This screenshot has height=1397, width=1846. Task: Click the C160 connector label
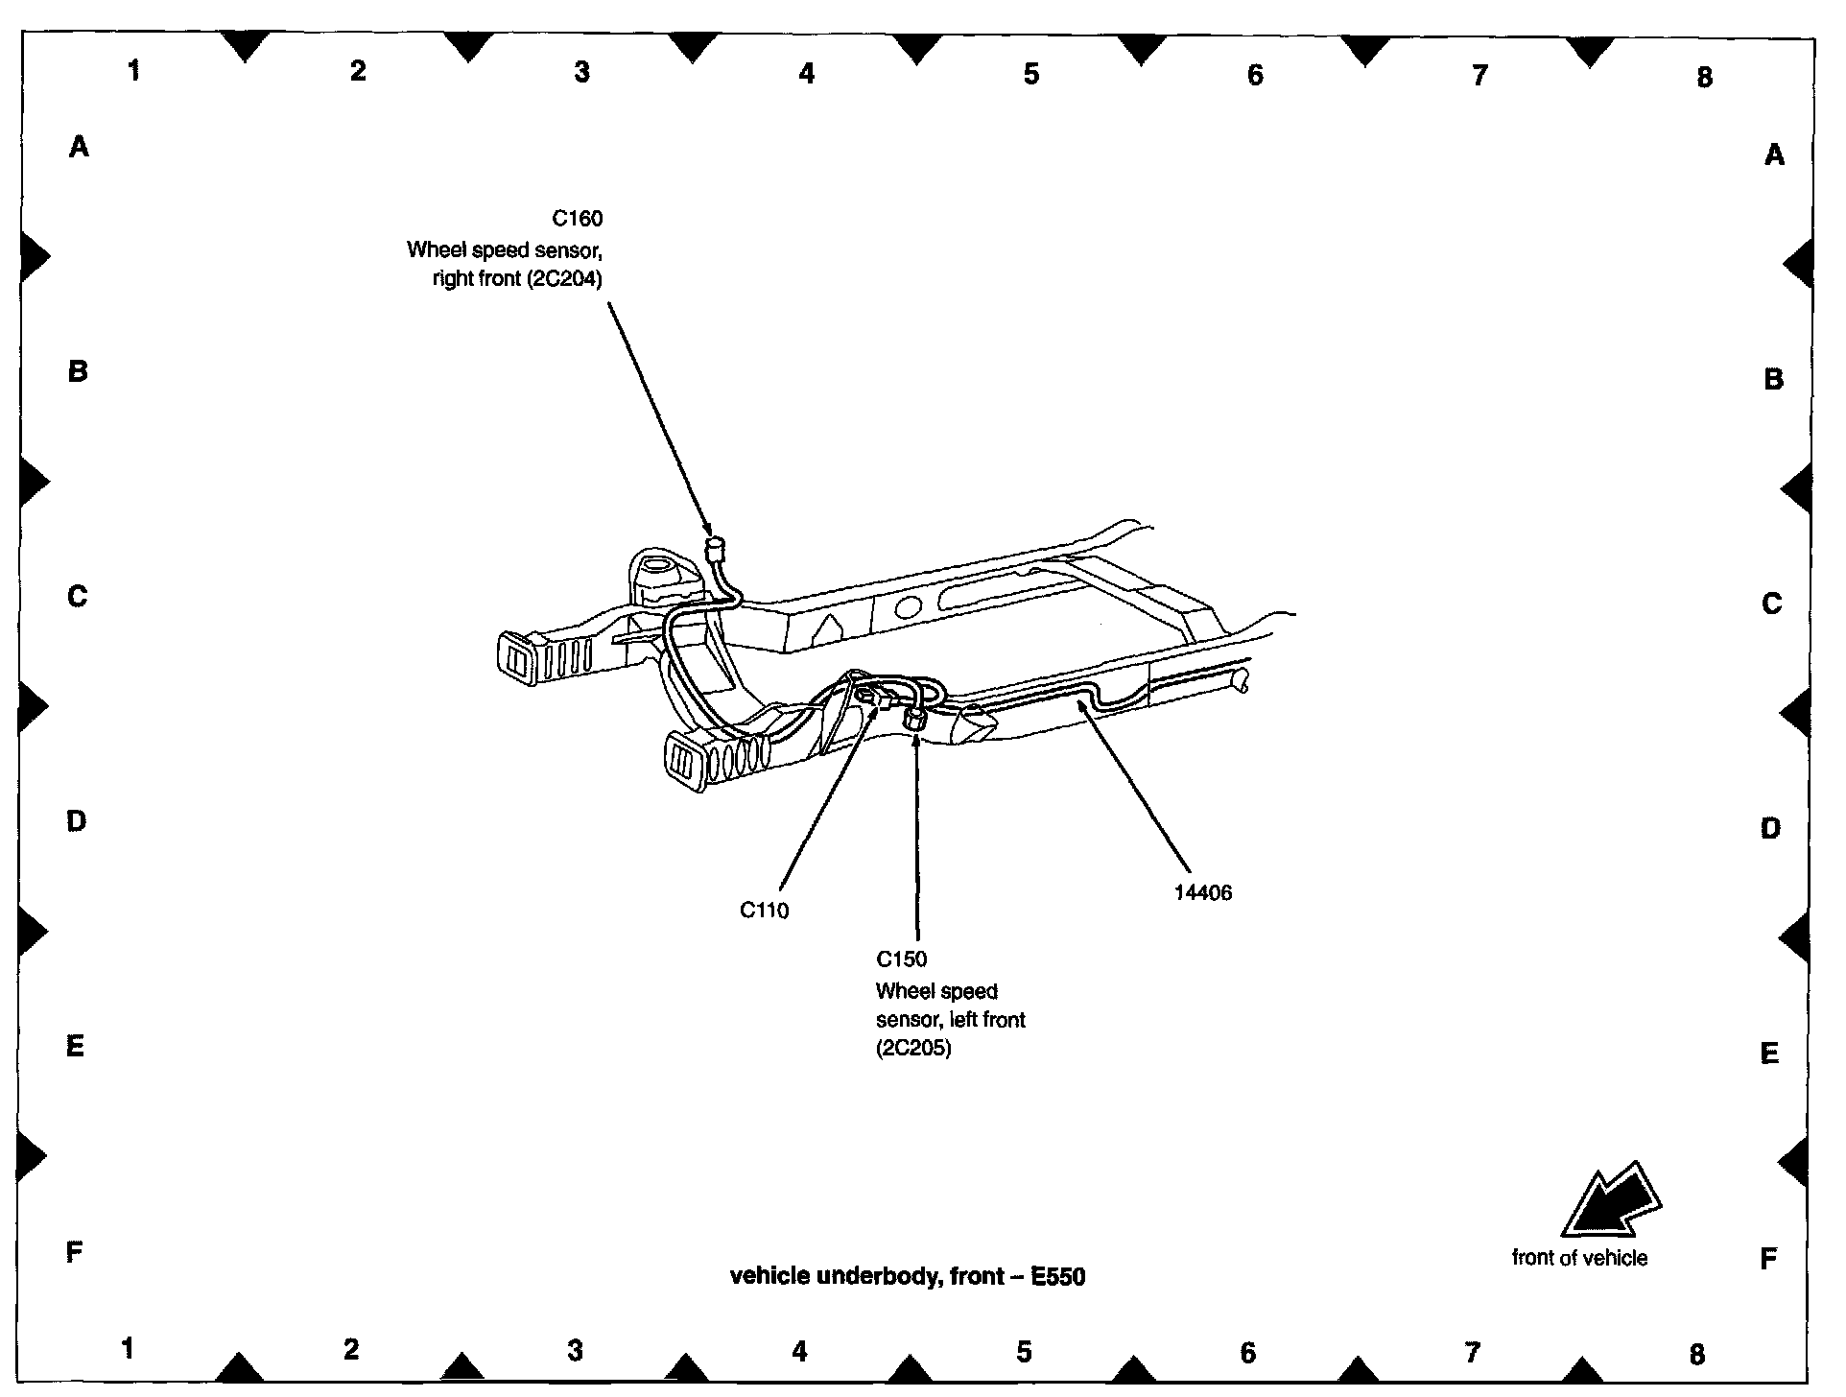(578, 219)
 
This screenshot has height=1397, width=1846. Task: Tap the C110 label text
(764, 910)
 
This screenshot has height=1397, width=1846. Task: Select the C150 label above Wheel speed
(901, 959)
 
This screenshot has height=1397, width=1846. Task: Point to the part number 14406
(1202, 892)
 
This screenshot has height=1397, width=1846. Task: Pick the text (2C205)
(912, 1048)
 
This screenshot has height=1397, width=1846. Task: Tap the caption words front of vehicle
(1579, 1258)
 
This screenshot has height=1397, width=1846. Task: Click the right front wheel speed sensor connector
(715, 550)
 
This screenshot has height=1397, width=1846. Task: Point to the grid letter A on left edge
(79, 147)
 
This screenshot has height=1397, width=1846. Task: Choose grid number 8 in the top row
(1704, 78)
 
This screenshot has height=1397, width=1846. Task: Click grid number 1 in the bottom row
(128, 1348)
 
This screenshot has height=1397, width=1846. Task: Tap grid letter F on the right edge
(1768, 1259)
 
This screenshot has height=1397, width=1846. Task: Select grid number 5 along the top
(1030, 74)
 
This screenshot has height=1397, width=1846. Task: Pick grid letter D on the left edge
(76, 820)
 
